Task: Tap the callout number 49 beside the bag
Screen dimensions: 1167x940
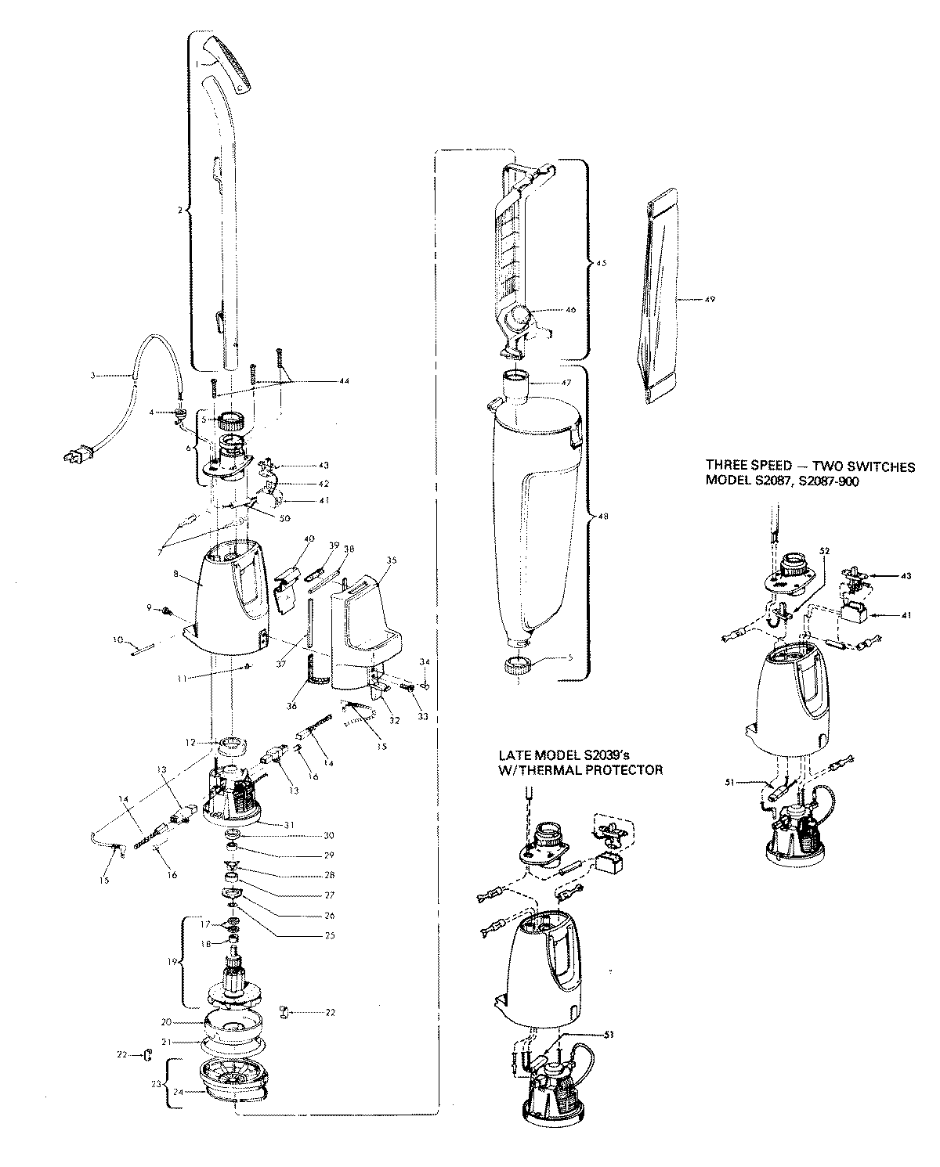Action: point(710,300)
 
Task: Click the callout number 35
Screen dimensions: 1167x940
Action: point(392,560)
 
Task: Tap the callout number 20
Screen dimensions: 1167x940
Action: point(165,1021)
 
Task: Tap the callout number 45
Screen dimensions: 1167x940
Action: point(602,263)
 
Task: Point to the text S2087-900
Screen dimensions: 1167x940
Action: point(827,482)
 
